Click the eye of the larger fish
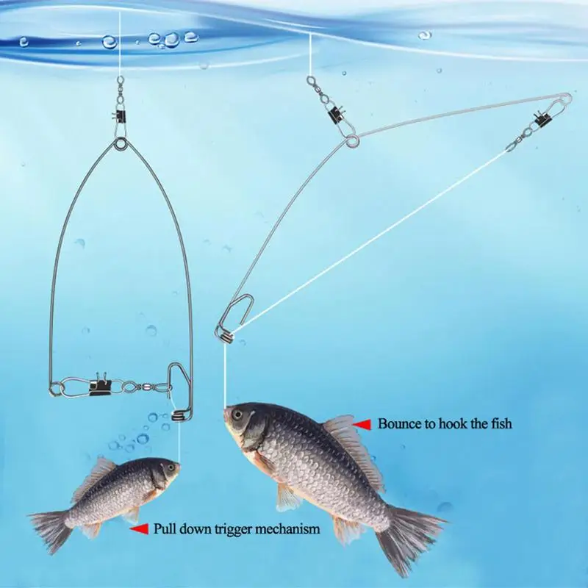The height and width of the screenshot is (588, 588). pos(237,415)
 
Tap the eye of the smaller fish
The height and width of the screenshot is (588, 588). pos(171,468)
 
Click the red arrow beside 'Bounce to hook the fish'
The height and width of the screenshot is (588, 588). pos(362,425)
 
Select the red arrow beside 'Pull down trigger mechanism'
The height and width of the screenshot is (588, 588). pos(139,529)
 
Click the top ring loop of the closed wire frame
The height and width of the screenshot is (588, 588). pos(121,144)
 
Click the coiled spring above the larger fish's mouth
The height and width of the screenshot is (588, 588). pos(225,336)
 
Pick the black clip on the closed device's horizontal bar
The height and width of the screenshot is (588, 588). pos(100,387)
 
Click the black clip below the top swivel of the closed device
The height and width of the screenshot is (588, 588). pos(119,117)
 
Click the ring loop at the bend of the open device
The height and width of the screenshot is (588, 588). pos(353,141)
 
